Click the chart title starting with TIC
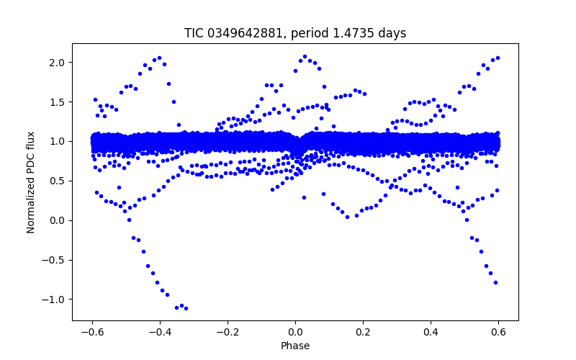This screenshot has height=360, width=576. click(x=295, y=33)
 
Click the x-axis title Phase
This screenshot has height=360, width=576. click(x=295, y=346)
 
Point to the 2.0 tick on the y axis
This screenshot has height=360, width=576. click(x=57, y=63)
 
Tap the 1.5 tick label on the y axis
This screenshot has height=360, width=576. click(x=57, y=102)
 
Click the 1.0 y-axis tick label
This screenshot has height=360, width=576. click(x=57, y=141)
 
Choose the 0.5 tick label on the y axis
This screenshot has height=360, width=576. click(x=57, y=181)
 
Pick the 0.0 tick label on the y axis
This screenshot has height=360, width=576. click(x=57, y=220)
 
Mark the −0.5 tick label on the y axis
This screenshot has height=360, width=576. click(x=54, y=260)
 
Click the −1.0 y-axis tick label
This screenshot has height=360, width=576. click(x=54, y=299)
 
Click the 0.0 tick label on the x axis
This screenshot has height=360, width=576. click(x=295, y=332)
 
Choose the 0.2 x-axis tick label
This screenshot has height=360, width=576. click(x=363, y=332)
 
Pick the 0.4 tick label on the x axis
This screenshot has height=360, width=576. click(x=431, y=332)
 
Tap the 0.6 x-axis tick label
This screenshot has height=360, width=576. click(x=498, y=332)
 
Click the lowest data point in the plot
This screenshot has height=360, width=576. click(x=186, y=308)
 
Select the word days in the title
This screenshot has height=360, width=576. click(x=392, y=33)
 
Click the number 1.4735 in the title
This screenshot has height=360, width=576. click(x=351, y=33)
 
